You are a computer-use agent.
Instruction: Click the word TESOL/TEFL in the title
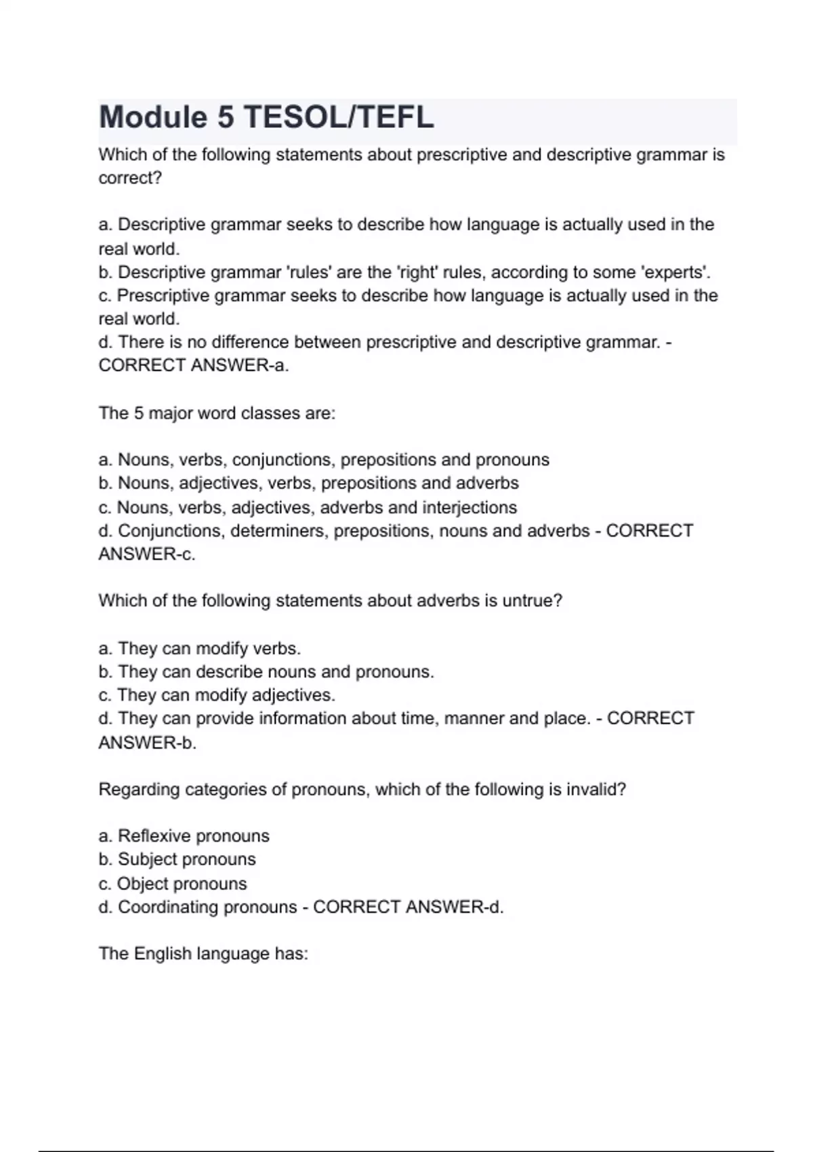point(338,117)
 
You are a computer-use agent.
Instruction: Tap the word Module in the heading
point(153,117)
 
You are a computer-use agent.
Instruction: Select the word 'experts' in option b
point(675,272)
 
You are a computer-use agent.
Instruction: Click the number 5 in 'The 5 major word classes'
point(138,413)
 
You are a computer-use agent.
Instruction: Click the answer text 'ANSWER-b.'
point(148,743)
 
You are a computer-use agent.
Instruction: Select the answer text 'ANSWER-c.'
point(147,554)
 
